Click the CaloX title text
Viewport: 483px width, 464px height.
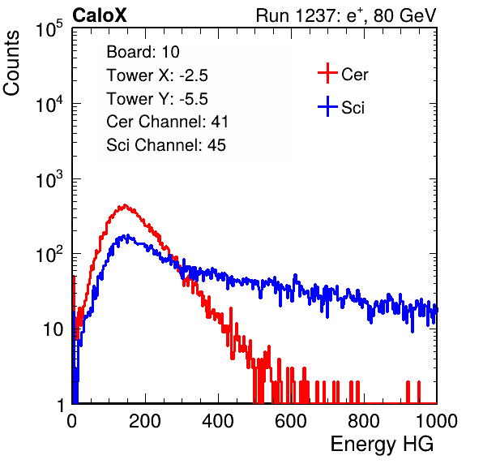[100, 15]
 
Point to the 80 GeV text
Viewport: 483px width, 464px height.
[404, 15]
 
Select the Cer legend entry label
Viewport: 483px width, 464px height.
[354, 75]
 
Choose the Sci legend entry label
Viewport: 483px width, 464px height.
[353, 108]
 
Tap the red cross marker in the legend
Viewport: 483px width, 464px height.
[327, 73]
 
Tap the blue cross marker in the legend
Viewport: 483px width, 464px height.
[327, 106]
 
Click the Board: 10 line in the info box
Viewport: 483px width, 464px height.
[143, 52]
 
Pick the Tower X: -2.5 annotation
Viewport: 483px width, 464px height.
[157, 75]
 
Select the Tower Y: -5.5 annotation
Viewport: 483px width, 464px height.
[157, 99]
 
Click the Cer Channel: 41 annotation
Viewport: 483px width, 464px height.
[167, 122]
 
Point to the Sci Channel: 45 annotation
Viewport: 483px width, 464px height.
[166, 145]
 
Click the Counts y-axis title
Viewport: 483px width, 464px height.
[11, 63]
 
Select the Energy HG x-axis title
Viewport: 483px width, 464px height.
[382, 444]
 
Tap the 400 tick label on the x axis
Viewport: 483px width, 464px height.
[218, 420]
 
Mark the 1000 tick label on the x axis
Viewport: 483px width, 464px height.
[436, 420]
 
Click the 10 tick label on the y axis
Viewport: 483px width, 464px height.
[53, 329]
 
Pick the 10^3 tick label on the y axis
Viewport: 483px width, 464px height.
[49, 178]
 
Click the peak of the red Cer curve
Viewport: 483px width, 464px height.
[125, 205]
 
